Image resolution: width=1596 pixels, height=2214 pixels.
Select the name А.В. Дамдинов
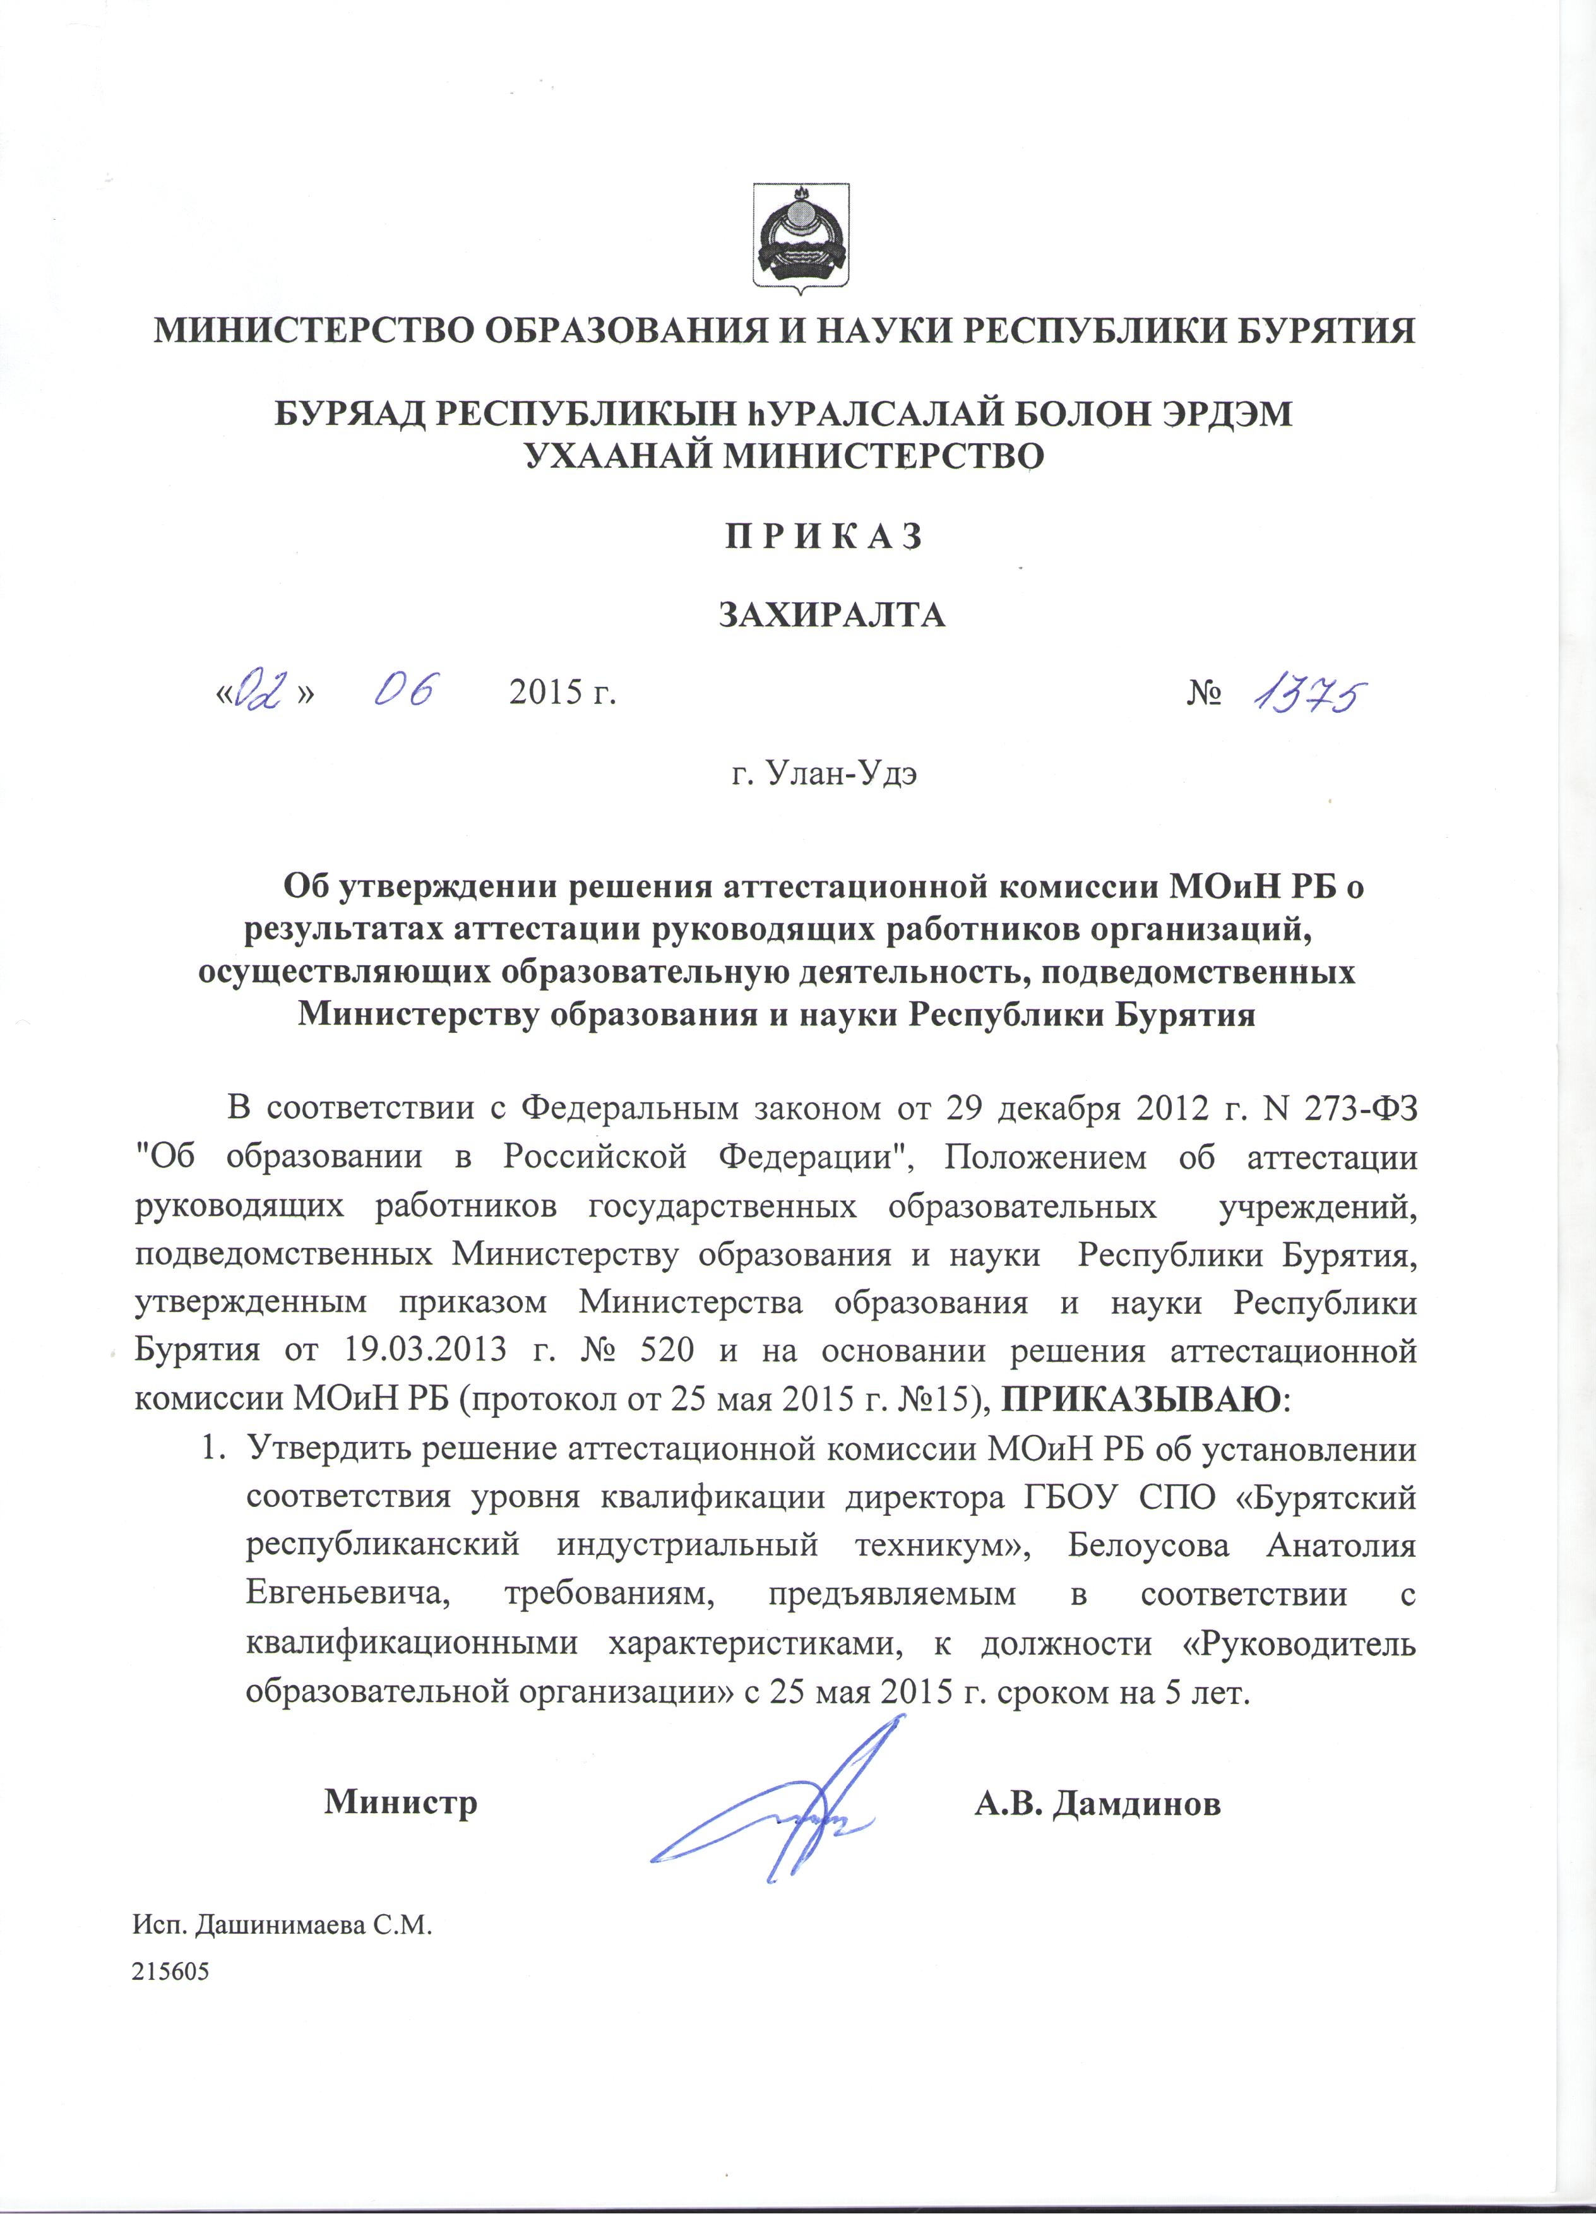[x=1098, y=1802]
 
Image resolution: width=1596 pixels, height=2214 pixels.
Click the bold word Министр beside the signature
[x=400, y=1802]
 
